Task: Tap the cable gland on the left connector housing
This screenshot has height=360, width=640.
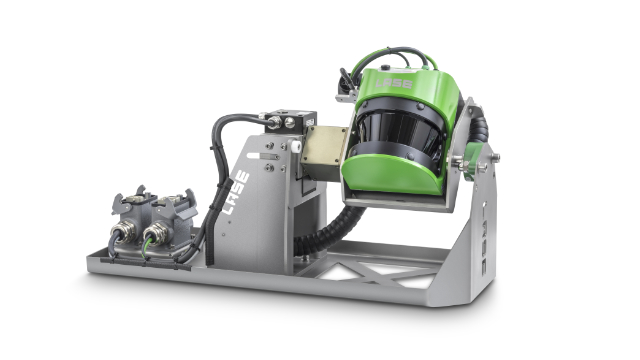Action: click(x=125, y=237)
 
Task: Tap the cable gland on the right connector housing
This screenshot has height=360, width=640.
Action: click(x=156, y=238)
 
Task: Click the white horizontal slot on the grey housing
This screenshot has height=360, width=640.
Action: click(x=268, y=156)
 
